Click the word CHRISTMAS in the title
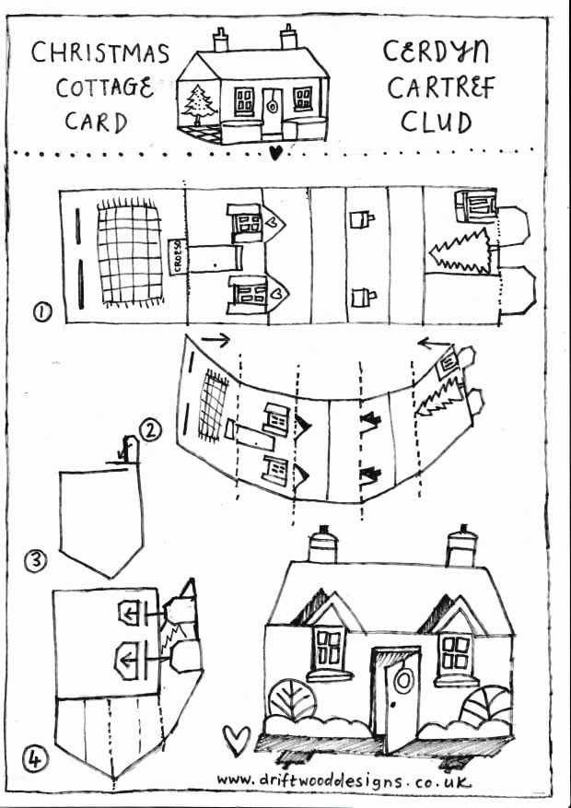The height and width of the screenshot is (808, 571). pos(100,53)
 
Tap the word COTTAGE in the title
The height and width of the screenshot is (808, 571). pos(104,88)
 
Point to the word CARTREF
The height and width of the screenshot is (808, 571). pos(440,88)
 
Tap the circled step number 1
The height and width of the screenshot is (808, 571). pos(41,313)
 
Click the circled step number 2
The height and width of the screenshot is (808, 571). pos(150,428)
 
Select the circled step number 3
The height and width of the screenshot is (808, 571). pos(35,559)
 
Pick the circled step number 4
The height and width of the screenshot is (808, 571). pos(34,759)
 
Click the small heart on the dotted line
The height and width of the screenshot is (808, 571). pos(274,153)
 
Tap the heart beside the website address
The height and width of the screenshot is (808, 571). pos(238,738)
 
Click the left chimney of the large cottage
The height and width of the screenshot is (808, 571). pos(322,545)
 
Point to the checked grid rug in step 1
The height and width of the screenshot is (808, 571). pos(130,252)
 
